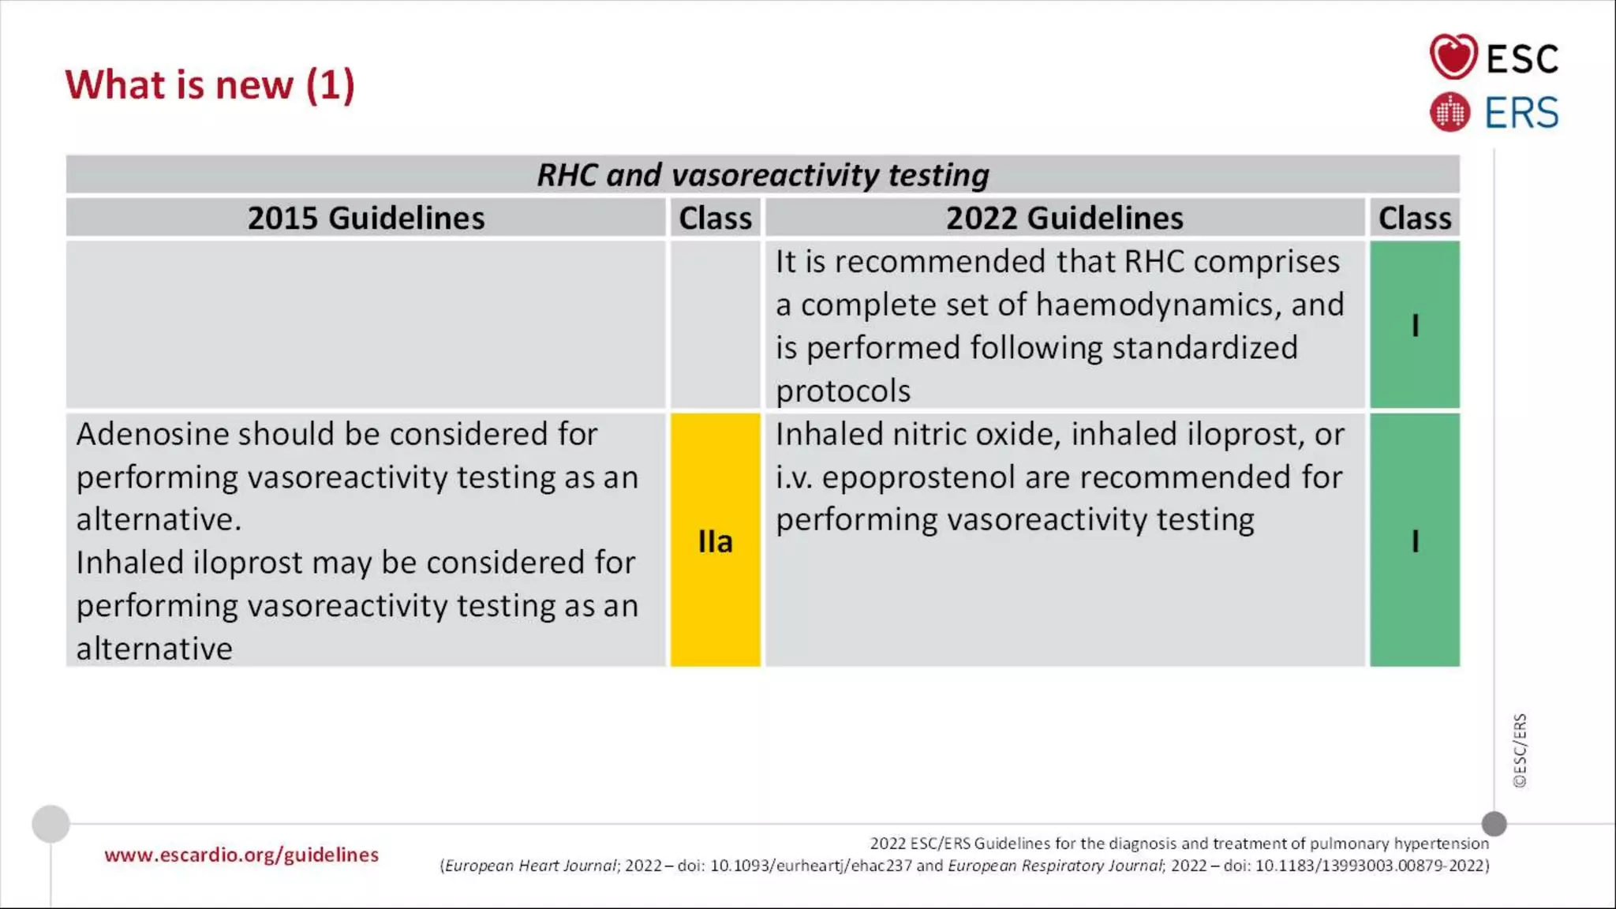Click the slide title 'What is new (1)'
click(210, 84)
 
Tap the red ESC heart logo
click(1453, 57)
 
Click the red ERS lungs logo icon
click(1450, 112)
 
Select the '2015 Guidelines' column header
click(366, 218)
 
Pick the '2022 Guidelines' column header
click(1064, 218)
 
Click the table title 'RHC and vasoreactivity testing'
click(762, 174)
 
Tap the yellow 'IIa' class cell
click(715, 541)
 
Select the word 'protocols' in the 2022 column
click(843, 391)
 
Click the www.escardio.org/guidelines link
click(241, 855)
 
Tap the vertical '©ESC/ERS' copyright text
click(1520, 750)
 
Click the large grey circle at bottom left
click(51, 824)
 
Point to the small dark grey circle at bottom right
click(1494, 824)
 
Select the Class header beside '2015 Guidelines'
click(715, 218)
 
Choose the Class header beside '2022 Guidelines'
click(1414, 218)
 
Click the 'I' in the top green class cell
click(1415, 325)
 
